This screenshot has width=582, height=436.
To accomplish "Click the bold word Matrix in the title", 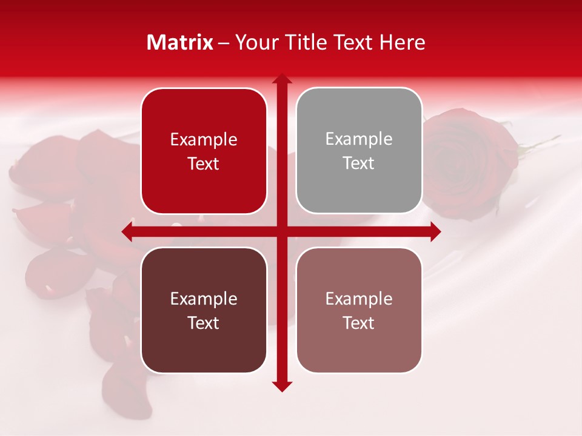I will (x=180, y=42).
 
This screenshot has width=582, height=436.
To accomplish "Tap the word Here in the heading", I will (x=403, y=42).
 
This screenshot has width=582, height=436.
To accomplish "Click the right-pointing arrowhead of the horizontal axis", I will (x=435, y=231).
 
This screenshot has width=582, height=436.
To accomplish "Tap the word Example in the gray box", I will (x=359, y=139).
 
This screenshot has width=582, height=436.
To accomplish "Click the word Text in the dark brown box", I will (x=204, y=323).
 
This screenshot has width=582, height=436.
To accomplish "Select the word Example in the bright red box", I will (x=204, y=140).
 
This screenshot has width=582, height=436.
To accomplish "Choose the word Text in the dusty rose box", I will (x=359, y=323).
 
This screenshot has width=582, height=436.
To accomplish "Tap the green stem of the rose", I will (x=540, y=145).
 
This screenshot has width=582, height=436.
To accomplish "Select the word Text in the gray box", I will (x=359, y=163).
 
